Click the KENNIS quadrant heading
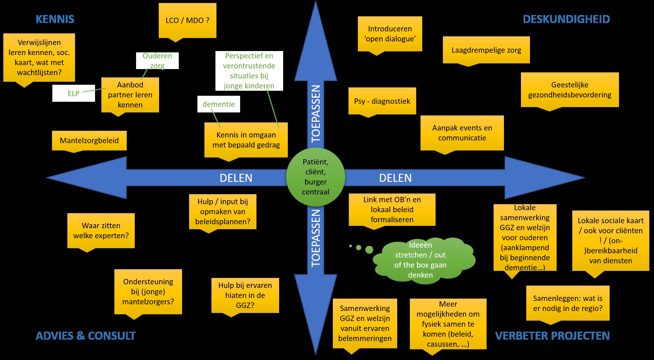tap(55, 19)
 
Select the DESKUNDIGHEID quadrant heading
tap(566, 19)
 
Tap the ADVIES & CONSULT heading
tap(86, 336)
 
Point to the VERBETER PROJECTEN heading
tap(552, 336)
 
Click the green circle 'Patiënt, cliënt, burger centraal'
tap(315, 177)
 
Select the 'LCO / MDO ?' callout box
tap(187, 20)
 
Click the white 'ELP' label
tap(74, 93)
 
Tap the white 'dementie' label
tap(218, 104)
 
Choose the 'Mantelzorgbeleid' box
tap(89, 140)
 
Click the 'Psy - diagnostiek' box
tap(382, 101)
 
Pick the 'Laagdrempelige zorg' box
tap(486, 50)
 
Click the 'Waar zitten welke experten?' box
tap(101, 231)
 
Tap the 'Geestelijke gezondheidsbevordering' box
tap(570, 90)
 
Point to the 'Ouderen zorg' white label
tap(157, 60)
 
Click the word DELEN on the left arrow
tap(236, 178)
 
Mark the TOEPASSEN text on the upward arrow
tap(315, 113)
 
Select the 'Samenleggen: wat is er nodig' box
tap(568, 303)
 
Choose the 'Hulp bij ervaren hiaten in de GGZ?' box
tap(245, 295)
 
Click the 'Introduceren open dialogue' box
tap(390, 34)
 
